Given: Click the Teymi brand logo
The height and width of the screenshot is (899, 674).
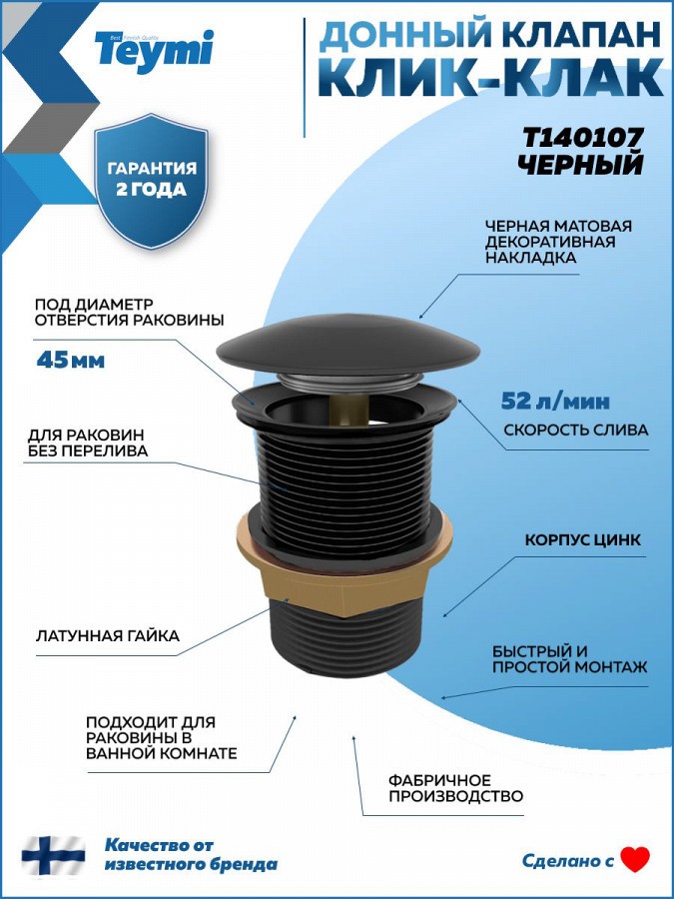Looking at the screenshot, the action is click(x=154, y=51).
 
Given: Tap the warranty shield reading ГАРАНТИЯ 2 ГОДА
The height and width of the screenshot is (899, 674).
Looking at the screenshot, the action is click(x=152, y=181).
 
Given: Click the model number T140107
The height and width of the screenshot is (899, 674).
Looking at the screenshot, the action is click(x=582, y=138).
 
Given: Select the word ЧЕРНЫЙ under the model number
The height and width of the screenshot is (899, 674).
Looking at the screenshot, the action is click(x=580, y=165).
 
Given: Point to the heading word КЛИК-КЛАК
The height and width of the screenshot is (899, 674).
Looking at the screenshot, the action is click(x=491, y=79).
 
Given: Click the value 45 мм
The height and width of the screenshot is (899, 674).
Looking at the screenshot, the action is click(x=71, y=360).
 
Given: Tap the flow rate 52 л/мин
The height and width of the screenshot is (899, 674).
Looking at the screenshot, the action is click(x=555, y=402).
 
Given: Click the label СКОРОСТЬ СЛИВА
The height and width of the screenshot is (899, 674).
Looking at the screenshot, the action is click(x=576, y=430).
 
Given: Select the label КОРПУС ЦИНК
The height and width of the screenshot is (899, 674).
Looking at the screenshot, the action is click(x=583, y=540).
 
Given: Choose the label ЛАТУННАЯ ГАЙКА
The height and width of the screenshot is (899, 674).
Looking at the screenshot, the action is click(x=108, y=636).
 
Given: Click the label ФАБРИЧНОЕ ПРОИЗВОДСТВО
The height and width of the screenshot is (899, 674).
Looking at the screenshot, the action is click(x=455, y=788).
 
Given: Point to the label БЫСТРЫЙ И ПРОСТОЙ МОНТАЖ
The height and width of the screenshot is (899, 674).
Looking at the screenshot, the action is click(x=570, y=659).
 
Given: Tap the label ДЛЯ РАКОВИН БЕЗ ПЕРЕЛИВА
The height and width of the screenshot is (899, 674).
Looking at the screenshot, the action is click(x=88, y=444).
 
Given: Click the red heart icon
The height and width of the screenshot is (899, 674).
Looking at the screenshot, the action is click(x=635, y=859).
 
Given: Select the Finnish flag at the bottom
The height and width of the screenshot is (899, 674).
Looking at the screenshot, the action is click(x=53, y=856).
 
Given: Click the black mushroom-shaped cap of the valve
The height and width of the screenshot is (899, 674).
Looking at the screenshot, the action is click(x=347, y=348).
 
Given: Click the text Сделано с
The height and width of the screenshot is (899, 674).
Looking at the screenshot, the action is click(x=567, y=861).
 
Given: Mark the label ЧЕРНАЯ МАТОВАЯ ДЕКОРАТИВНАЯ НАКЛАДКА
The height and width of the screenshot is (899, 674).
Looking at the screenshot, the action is click(x=558, y=242).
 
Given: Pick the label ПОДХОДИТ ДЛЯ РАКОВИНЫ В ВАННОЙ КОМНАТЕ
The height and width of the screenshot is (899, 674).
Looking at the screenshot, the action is click(x=161, y=737).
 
